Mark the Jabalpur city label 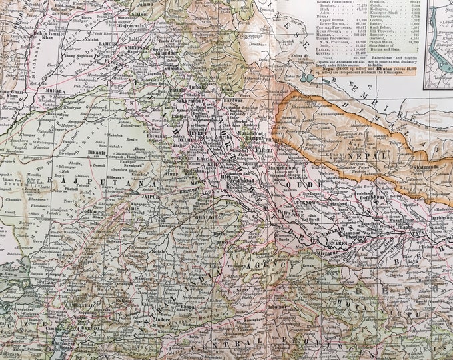pos(252,317)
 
